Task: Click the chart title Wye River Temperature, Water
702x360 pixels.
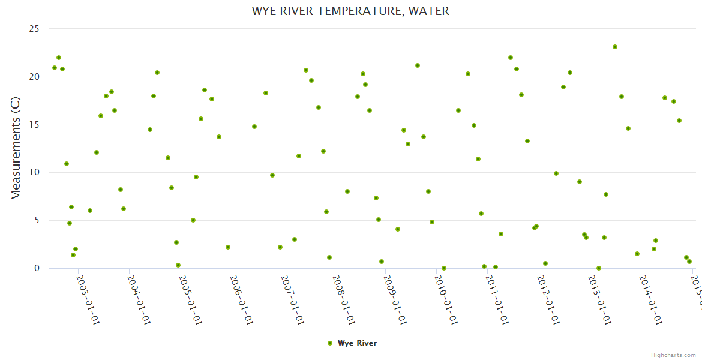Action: click(350, 11)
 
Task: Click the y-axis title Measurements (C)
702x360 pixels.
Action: click(16, 148)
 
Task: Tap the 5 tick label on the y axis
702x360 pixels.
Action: click(36, 220)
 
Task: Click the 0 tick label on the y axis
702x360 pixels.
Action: click(36, 268)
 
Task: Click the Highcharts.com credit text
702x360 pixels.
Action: click(674, 355)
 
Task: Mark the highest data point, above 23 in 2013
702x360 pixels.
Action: click(615, 47)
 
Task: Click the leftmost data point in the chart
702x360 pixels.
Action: click(55, 68)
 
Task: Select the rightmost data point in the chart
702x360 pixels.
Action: click(689, 262)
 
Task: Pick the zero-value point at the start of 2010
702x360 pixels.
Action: click(444, 268)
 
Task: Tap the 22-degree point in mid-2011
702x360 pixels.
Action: click(511, 58)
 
